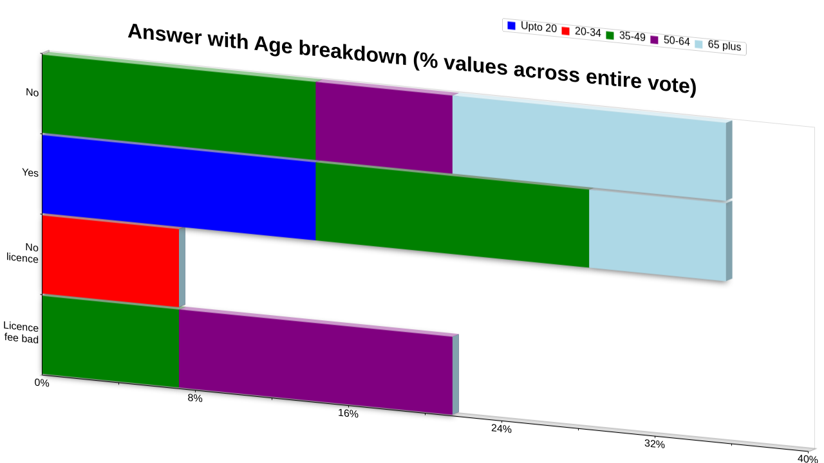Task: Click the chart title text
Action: tap(412, 59)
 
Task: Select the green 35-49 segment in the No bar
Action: tap(179, 107)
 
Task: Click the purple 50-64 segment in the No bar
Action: tap(384, 127)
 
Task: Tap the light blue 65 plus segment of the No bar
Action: tap(589, 148)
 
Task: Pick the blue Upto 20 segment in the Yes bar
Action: tap(179, 187)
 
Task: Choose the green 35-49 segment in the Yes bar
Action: tap(453, 215)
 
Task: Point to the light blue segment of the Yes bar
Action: tap(658, 235)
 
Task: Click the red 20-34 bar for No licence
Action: tap(111, 261)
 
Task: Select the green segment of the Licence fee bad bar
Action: tap(111, 341)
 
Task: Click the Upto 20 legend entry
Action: tap(532, 27)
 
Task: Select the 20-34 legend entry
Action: tap(581, 32)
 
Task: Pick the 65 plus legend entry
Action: tap(718, 45)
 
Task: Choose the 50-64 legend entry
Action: tap(670, 40)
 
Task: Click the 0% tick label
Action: tap(42, 383)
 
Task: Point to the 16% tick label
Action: tap(348, 413)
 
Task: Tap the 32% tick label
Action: tap(655, 444)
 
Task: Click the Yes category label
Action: tap(30, 172)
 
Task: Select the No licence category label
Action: tap(23, 253)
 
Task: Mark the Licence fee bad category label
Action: tap(21, 332)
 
